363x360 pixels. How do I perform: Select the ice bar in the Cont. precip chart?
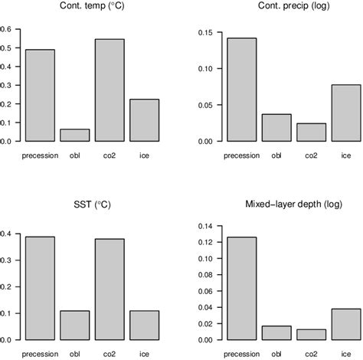(x=346, y=113)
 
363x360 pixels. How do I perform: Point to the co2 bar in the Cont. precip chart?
(x=311, y=133)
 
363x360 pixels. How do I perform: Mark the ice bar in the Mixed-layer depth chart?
(x=346, y=324)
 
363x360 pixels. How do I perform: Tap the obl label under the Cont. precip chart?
(x=276, y=156)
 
